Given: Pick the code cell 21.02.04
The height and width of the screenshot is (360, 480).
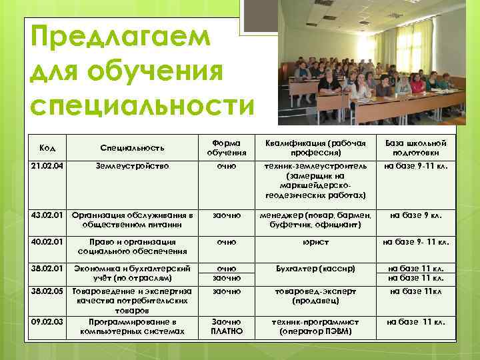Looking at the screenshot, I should [x=47, y=164].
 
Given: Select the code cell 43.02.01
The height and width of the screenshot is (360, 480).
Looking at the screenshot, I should [x=47, y=215].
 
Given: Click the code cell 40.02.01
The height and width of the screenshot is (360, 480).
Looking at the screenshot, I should [x=47, y=243].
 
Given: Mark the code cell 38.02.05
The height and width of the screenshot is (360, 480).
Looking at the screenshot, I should [x=47, y=291].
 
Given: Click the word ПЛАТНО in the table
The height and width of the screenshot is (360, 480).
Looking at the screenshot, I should [x=227, y=331].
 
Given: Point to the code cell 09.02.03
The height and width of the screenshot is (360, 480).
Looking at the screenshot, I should [x=47, y=321].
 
